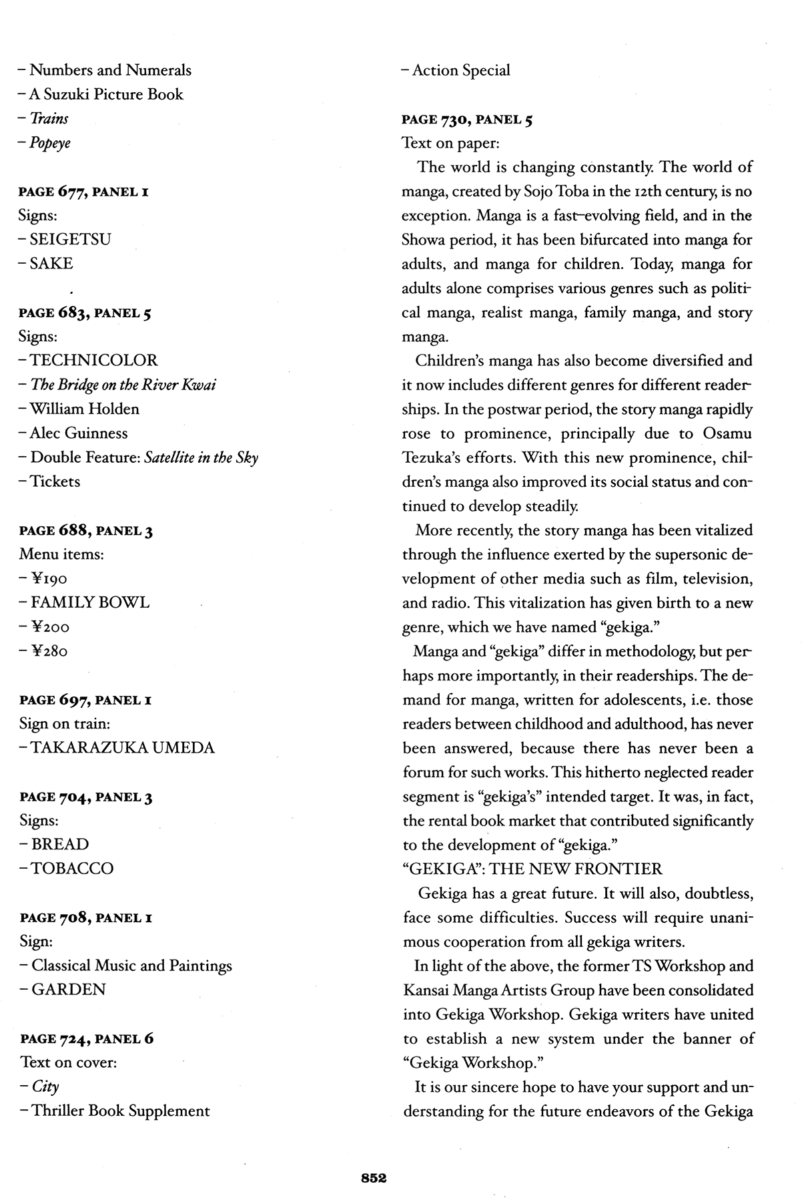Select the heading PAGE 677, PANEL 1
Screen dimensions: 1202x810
[x=84, y=192]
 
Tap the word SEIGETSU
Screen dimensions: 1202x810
[x=70, y=239]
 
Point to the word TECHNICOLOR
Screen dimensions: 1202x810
[x=93, y=361]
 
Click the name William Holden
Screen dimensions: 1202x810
[x=84, y=409]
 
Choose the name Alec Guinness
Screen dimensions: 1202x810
[x=79, y=433]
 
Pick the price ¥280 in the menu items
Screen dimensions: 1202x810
[x=49, y=650]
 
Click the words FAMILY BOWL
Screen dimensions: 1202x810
[x=90, y=602]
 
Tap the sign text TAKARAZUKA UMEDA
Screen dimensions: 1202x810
[x=123, y=747]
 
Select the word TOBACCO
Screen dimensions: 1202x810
[x=72, y=868]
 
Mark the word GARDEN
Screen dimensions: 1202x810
[x=68, y=989]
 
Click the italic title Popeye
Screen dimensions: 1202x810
[x=49, y=143]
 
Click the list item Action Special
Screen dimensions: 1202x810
[x=461, y=70]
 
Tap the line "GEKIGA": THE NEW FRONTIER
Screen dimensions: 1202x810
[x=532, y=869]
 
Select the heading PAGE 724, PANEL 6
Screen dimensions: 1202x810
[x=87, y=1038]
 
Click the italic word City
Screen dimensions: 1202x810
[x=45, y=1086]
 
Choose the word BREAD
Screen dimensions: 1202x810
[x=60, y=844]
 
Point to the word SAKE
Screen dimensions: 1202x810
[x=51, y=263]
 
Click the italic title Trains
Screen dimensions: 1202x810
[x=49, y=119]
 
